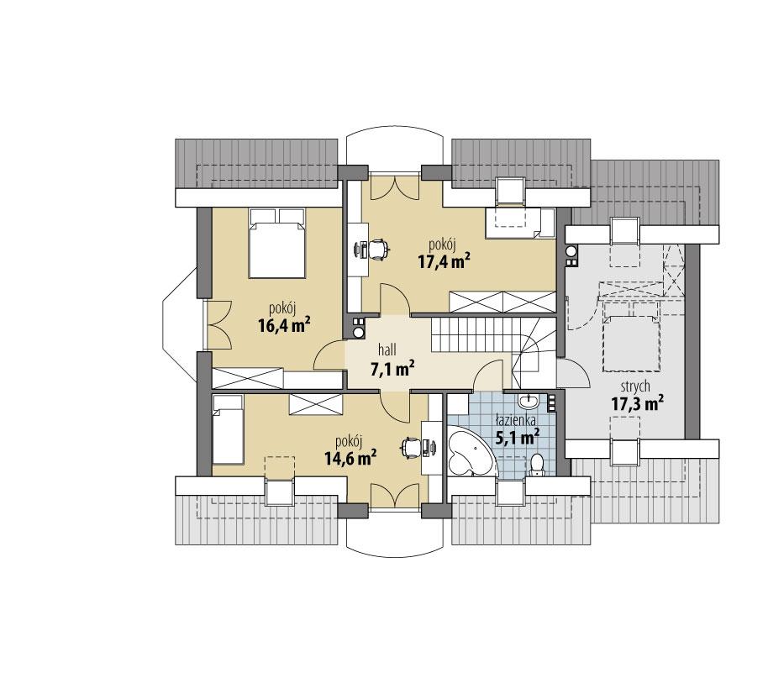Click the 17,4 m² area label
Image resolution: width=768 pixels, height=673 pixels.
click(443, 260)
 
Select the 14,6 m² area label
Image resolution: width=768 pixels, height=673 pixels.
click(349, 458)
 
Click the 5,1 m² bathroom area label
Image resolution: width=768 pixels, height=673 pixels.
click(516, 437)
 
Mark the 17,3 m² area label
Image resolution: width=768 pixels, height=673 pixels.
click(637, 404)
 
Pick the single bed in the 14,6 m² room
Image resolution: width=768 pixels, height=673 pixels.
click(227, 430)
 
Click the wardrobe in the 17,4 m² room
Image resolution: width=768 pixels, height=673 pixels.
click(502, 301)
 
